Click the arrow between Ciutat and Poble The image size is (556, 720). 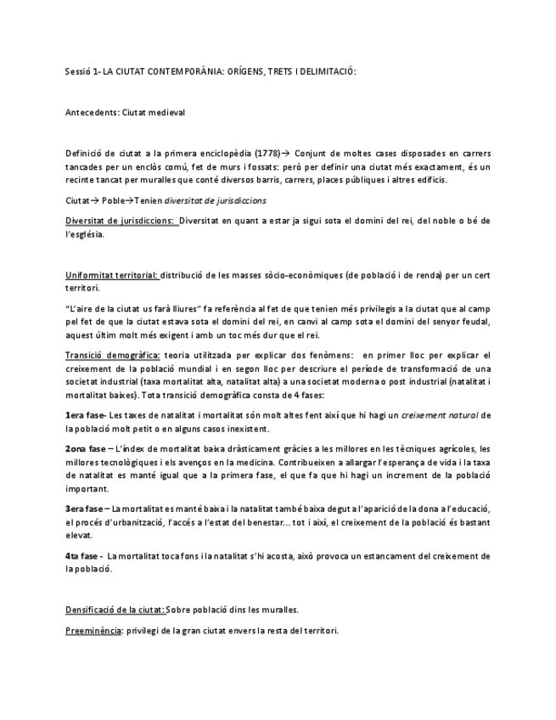96,201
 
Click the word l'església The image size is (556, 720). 85,234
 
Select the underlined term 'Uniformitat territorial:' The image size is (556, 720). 111,275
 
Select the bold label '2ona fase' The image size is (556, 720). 86,448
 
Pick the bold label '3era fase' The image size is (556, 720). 86,509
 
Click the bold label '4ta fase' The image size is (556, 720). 83,556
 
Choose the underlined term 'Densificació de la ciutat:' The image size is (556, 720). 115,610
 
